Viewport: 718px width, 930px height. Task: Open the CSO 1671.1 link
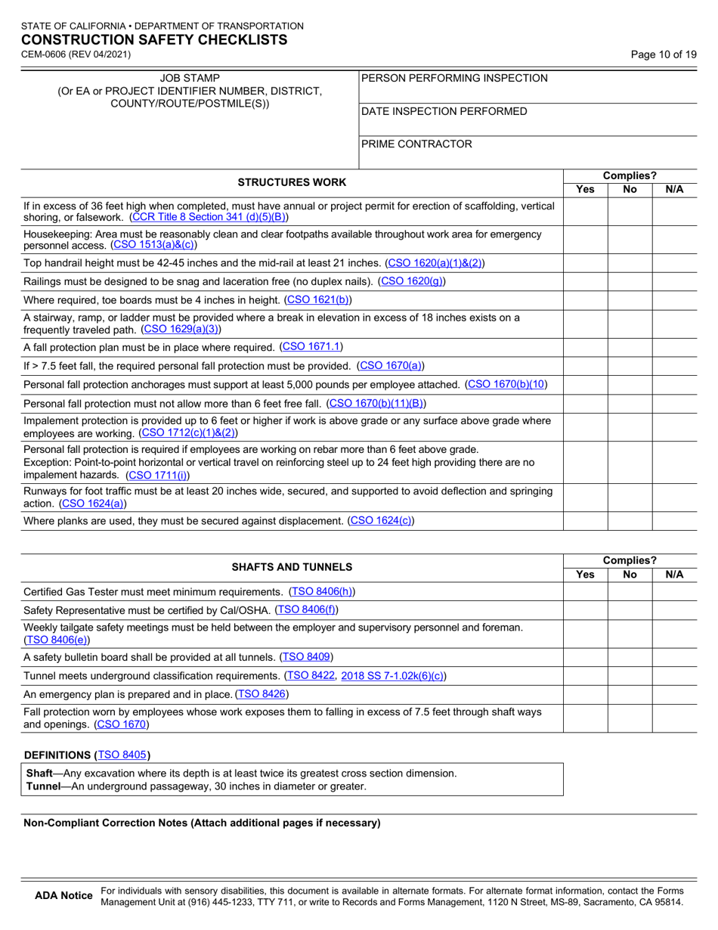click(311, 347)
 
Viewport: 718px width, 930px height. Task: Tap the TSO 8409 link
click(306, 656)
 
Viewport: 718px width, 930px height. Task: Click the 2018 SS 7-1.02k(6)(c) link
click(393, 675)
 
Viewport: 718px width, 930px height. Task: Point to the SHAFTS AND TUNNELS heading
click(292, 566)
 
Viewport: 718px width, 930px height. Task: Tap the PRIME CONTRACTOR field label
click(417, 144)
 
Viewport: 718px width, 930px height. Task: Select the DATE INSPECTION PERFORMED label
click(444, 111)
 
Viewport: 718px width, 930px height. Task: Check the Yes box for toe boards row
click(586, 299)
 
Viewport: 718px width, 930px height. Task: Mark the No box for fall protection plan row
click(630, 347)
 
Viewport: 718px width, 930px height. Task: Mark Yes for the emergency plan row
click(586, 694)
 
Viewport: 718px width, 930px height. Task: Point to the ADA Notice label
click(64, 896)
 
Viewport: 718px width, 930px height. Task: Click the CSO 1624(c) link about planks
click(381, 521)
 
